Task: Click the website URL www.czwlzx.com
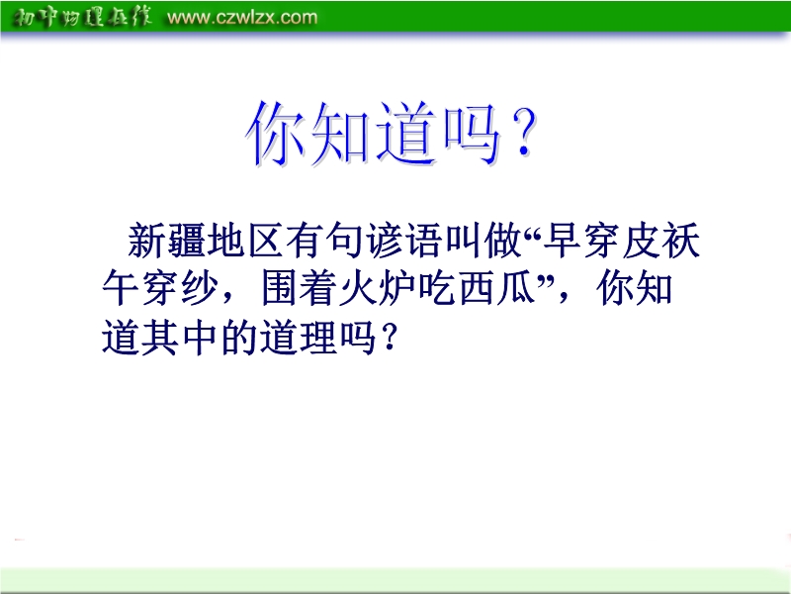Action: click(242, 17)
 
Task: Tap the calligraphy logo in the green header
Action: click(82, 17)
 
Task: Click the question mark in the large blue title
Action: click(523, 133)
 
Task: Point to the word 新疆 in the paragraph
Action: click(166, 241)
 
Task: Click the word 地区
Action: click(245, 241)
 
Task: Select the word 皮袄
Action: click(660, 241)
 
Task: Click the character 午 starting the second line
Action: click(121, 288)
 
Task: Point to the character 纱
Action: click(201, 288)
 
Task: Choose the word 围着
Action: click(300, 288)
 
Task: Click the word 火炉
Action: click(378, 288)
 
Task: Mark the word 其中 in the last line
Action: click(180, 338)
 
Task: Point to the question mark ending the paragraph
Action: click(389, 338)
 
